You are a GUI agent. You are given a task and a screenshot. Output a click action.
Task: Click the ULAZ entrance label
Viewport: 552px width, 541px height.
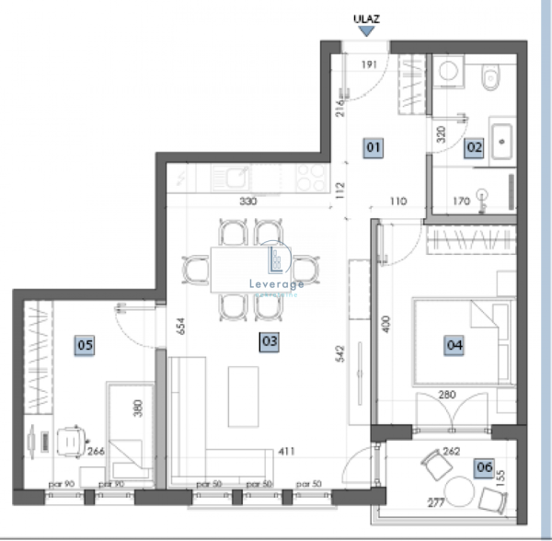click(x=367, y=16)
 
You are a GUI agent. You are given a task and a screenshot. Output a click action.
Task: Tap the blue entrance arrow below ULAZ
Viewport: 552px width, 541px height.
click(x=367, y=31)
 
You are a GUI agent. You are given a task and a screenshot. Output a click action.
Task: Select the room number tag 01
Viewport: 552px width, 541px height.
click(x=374, y=146)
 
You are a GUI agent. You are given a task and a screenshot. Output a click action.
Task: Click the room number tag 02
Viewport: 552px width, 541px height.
click(x=474, y=146)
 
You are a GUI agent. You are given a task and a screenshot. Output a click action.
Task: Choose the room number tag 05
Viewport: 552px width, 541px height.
click(x=85, y=345)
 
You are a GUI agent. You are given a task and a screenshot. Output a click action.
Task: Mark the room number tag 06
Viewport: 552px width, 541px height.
click(x=484, y=467)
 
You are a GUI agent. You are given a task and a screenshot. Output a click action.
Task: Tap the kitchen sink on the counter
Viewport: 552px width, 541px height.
click(x=237, y=173)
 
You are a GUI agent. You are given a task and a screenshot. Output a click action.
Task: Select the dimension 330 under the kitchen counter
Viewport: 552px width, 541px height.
click(x=247, y=201)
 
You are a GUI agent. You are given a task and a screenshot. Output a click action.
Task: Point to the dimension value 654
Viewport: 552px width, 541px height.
click(x=183, y=327)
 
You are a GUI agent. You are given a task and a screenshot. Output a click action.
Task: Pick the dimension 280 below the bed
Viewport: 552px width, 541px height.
click(x=447, y=396)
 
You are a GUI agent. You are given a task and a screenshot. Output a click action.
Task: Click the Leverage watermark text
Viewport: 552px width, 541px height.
click(x=277, y=284)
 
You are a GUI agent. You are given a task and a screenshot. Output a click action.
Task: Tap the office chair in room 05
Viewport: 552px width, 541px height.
click(x=71, y=442)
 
